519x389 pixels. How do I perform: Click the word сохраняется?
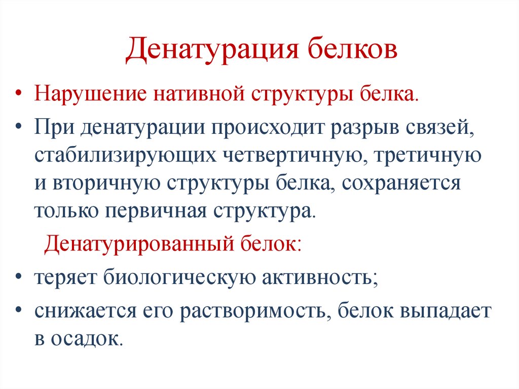(x=401, y=184)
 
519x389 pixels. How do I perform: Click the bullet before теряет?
(x=19, y=278)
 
